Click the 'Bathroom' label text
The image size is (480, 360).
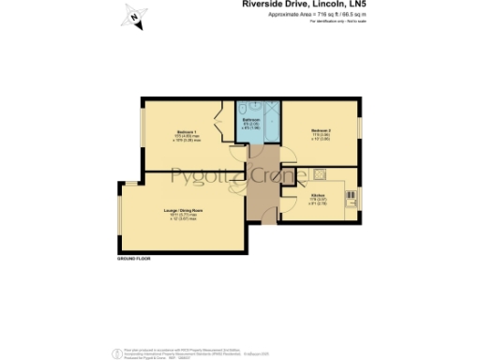252,120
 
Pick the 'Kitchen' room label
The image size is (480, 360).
319,196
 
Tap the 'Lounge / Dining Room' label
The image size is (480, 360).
184,212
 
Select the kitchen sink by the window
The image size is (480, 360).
352,197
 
